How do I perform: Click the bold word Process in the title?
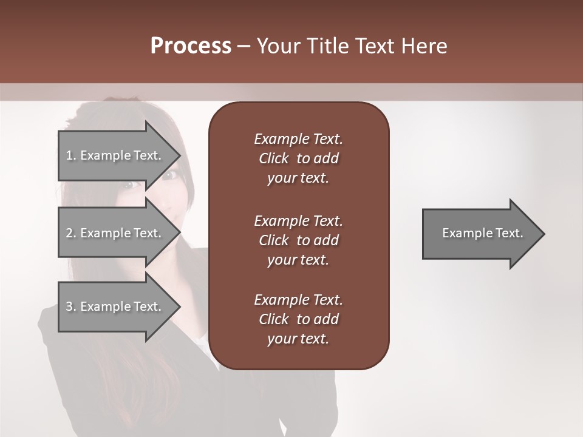tap(191, 46)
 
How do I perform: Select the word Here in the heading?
tap(423, 46)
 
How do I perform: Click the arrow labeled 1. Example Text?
tap(115, 155)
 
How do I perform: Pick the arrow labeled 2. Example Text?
tap(115, 233)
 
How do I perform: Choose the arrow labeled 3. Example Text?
tap(115, 307)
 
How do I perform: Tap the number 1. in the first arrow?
tap(71, 155)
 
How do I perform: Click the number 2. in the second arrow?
tap(71, 233)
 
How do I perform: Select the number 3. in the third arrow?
tap(71, 307)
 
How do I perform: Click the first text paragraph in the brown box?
tap(298, 158)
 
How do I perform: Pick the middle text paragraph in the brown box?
tap(298, 240)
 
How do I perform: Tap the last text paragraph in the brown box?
tap(298, 319)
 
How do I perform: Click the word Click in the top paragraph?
tap(274, 158)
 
